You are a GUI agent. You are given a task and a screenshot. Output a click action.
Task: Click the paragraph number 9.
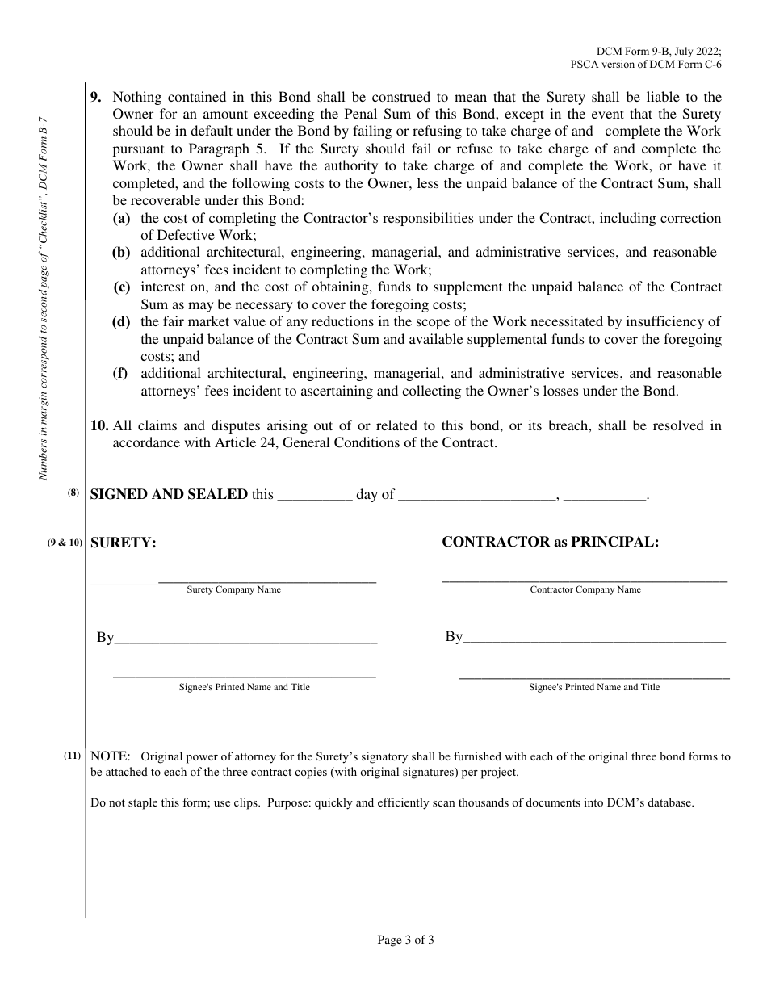[x=95, y=97]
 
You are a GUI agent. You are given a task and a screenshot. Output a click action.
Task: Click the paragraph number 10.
[x=98, y=425]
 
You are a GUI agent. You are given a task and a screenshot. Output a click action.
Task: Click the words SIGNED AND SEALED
[x=169, y=495]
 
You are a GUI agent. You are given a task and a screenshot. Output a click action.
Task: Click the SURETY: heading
[x=123, y=543]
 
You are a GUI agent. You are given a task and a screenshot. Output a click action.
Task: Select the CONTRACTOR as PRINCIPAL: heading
[x=550, y=542]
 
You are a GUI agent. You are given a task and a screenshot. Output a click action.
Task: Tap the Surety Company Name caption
[x=234, y=590]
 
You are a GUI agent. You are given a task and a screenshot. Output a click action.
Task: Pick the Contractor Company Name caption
[x=585, y=590]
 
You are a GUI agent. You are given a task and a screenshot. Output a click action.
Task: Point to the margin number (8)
[x=73, y=494]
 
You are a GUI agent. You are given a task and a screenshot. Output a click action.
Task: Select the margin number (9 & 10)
[x=65, y=543]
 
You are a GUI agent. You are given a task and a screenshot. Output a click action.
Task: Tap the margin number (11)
[x=73, y=756]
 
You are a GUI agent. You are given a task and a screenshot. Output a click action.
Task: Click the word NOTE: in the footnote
[x=110, y=757]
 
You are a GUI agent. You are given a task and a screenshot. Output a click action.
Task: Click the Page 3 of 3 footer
[x=406, y=940]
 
